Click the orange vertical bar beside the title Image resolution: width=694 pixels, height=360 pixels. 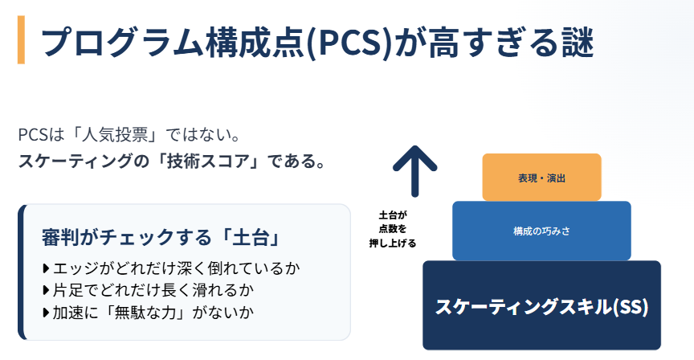tap(21, 39)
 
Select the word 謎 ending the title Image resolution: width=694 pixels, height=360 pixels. tap(574, 41)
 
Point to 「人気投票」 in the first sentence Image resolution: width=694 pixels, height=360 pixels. tap(106, 133)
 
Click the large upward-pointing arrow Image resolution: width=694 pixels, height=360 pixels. tap(414, 170)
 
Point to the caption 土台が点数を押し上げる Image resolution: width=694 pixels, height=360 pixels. tap(394, 228)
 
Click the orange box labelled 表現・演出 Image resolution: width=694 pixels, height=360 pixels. tap(541, 177)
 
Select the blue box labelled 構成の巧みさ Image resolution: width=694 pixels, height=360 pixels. tap(541, 231)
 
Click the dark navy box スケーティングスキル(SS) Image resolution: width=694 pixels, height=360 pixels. tap(541, 305)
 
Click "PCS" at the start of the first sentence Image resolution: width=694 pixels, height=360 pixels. tap(31, 133)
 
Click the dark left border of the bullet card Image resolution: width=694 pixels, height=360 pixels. tap(22, 272)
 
